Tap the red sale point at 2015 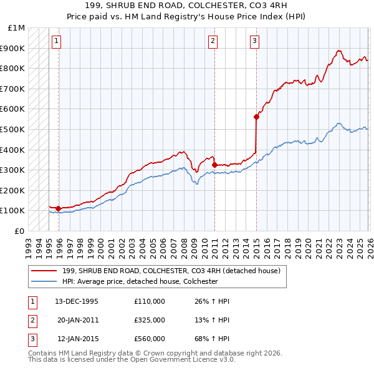(256, 117)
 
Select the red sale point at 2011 (214, 165)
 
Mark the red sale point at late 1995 (59, 208)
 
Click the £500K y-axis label (14, 129)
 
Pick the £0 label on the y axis (19, 231)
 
